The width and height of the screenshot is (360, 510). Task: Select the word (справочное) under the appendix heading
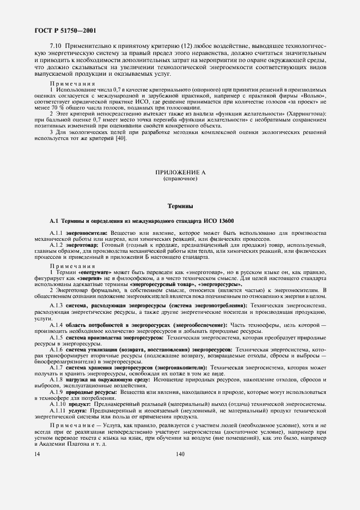click(180, 179)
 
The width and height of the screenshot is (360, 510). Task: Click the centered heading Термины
click(180, 207)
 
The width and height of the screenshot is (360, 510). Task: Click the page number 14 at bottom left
click(37, 454)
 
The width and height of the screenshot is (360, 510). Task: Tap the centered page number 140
click(180, 454)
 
